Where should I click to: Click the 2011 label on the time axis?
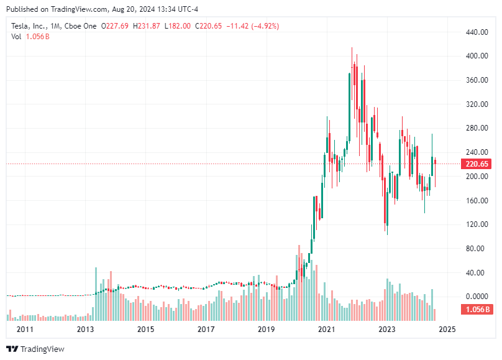(25, 330)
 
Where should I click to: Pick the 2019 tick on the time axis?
(266, 330)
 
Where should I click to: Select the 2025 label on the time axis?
(447, 330)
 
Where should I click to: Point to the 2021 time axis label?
(326, 330)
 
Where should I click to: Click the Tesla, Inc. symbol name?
(29, 26)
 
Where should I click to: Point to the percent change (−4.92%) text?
(263, 26)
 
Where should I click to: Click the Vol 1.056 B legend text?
(30, 37)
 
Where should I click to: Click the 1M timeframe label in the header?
(57, 26)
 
